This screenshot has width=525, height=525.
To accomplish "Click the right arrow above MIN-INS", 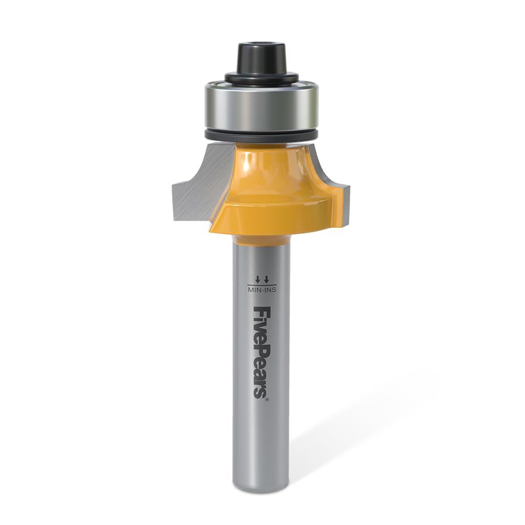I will [266, 279].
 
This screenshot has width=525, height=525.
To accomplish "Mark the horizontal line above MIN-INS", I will [261, 285].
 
